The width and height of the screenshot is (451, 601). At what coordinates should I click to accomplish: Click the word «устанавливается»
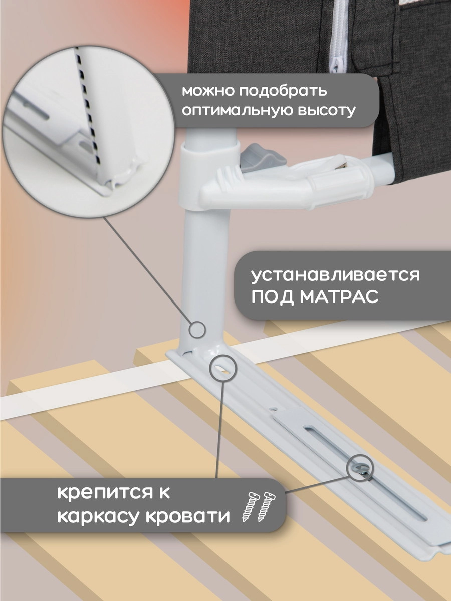(x=335, y=276)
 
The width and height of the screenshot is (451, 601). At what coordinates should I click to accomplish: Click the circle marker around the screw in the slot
(x=361, y=468)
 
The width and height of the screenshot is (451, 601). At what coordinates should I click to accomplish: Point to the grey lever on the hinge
(x=260, y=158)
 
